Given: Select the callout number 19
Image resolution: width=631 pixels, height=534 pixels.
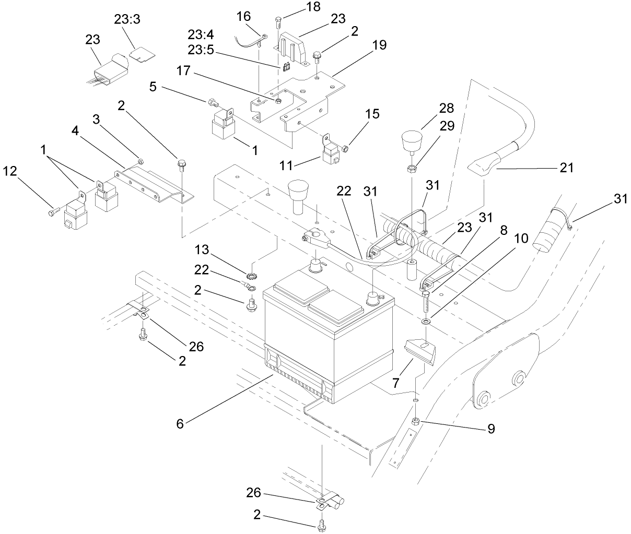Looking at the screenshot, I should coord(380,45).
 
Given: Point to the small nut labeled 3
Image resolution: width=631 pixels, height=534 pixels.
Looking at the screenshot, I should coord(141,160).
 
